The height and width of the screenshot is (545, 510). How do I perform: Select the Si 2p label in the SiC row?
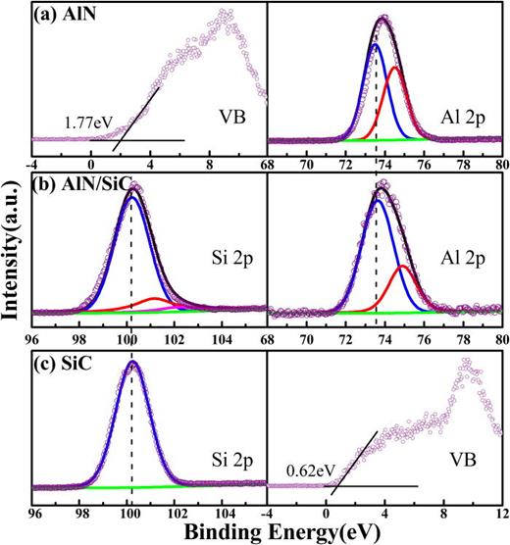coord(229,457)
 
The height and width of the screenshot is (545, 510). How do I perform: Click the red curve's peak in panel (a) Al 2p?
coord(395,68)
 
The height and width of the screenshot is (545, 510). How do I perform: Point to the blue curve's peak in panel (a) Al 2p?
coord(376,44)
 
